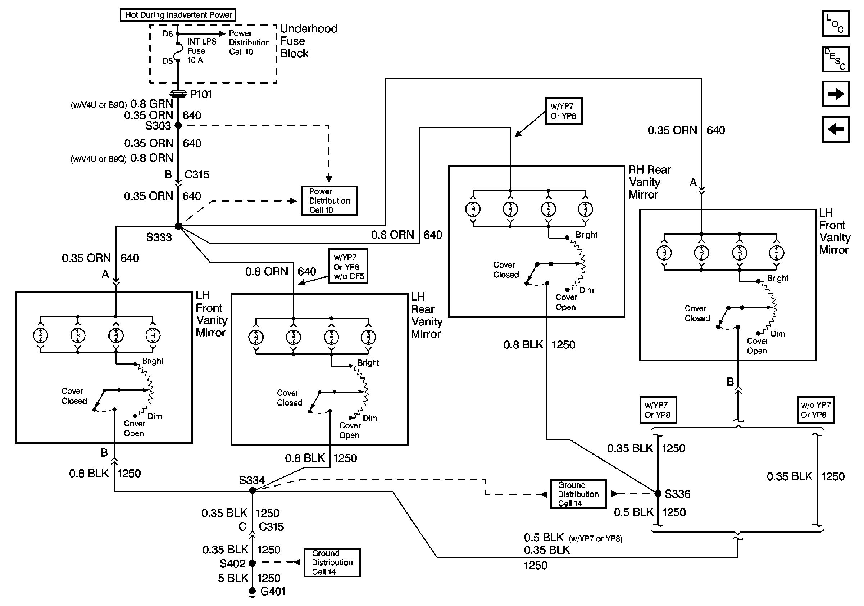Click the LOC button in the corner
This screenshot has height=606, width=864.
[835, 24]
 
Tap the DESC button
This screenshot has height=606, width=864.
[835, 59]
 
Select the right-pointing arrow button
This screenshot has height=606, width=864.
[835, 94]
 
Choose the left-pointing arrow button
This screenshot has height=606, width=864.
[835, 129]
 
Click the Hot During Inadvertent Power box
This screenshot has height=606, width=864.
[178, 15]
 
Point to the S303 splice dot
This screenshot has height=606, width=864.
[178, 125]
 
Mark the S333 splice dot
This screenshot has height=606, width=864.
[178, 226]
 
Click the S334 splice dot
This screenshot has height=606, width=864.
[253, 490]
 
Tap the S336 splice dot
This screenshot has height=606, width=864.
[658, 493]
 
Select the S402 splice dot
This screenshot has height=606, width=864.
[253, 563]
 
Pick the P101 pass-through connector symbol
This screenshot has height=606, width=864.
[178, 93]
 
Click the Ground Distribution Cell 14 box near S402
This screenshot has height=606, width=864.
[332, 562]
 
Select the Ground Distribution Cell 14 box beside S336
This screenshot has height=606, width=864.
[578, 494]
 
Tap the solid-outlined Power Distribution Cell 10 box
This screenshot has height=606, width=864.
[329, 200]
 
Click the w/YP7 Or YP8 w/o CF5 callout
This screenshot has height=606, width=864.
[348, 266]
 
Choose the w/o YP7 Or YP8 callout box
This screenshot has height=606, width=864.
[815, 410]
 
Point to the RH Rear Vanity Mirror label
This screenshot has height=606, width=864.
[649, 182]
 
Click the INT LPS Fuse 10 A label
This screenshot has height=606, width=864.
[201, 51]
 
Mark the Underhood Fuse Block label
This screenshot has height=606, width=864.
[309, 41]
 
